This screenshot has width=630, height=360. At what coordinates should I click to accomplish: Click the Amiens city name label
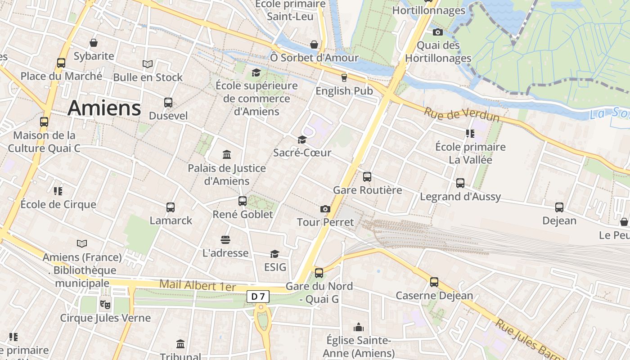[104, 108]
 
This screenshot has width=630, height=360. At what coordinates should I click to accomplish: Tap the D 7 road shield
[258, 296]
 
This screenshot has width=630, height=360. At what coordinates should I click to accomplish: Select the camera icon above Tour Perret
[325, 209]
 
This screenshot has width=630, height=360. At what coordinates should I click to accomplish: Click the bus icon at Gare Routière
[367, 176]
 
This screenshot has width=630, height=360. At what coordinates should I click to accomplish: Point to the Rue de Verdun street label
[462, 114]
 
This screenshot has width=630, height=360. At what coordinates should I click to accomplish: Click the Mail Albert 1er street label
[198, 285]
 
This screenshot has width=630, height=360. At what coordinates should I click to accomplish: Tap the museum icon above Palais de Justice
[227, 155]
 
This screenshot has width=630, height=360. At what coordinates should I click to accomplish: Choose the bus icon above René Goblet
[243, 201]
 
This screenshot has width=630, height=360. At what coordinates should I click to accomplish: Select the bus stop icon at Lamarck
[171, 207]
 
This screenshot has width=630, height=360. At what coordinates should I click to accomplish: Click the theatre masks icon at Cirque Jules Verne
[105, 305]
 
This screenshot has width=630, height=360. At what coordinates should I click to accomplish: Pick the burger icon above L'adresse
[225, 240]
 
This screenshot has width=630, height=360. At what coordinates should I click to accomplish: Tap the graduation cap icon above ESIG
[274, 254]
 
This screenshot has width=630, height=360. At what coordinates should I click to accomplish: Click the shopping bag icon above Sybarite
[94, 43]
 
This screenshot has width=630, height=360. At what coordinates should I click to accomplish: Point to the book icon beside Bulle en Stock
[148, 64]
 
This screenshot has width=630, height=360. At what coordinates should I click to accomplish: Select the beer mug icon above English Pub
[344, 77]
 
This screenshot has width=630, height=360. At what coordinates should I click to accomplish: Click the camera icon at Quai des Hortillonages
[437, 32]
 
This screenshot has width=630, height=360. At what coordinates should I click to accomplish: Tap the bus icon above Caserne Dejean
[434, 282]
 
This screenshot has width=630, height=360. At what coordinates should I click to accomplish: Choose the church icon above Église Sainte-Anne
[359, 327]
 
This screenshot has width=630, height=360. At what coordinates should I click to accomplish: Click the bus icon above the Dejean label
[559, 207]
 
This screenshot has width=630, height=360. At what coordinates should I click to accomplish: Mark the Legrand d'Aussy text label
[460, 197]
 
